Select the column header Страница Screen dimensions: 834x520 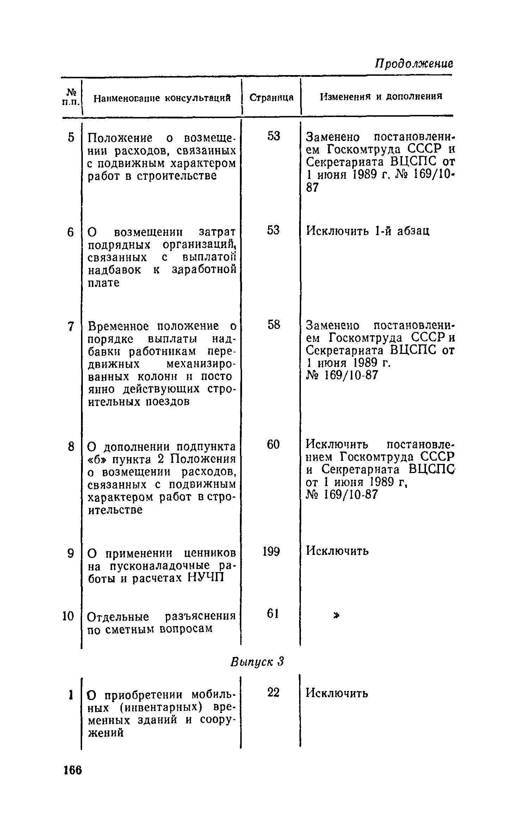(271, 98)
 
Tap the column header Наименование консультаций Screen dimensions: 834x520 (162, 98)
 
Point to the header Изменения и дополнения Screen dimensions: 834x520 (381, 97)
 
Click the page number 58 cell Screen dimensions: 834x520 (273, 325)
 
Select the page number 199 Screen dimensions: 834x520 (271, 551)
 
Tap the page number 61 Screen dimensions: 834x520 (273, 614)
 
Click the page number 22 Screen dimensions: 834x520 (273, 693)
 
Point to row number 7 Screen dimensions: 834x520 (71, 326)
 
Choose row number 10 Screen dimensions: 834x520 (68, 616)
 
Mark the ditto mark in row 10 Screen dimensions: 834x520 (337, 615)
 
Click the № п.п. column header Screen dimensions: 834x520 (71, 98)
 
